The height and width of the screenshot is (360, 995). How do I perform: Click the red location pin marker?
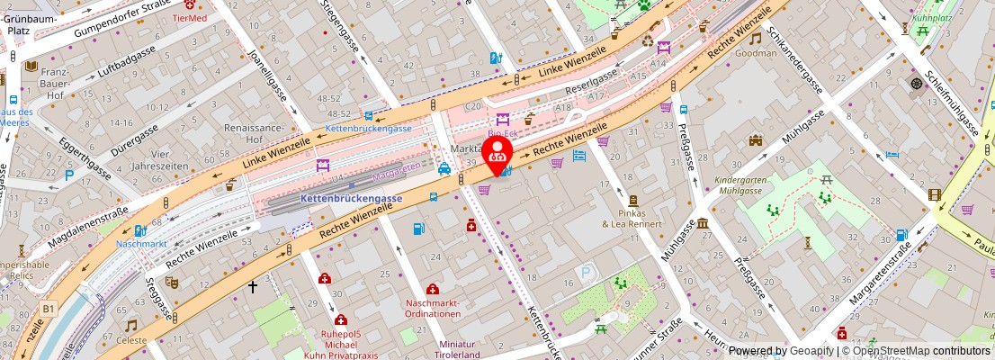coord(497,153)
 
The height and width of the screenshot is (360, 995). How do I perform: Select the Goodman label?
coord(756,53)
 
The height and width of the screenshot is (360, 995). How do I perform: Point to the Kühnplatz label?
coord(931,17)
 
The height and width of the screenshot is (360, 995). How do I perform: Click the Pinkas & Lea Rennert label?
coord(632,218)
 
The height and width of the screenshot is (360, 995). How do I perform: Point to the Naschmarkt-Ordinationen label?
coord(433,308)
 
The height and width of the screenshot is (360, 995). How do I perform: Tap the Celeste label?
coord(132,341)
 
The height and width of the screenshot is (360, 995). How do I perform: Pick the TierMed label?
coord(189,17)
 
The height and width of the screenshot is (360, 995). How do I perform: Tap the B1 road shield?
coord(48,309)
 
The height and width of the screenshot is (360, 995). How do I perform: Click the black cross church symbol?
coord(253,287)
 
